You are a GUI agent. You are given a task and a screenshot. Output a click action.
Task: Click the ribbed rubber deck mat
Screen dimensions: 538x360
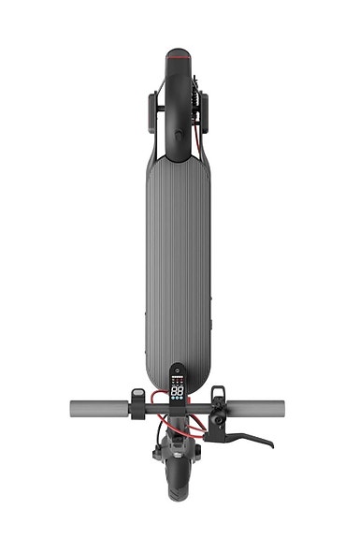pos(178,262)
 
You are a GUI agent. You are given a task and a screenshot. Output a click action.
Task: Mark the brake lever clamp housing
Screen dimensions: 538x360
pos(217,419)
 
